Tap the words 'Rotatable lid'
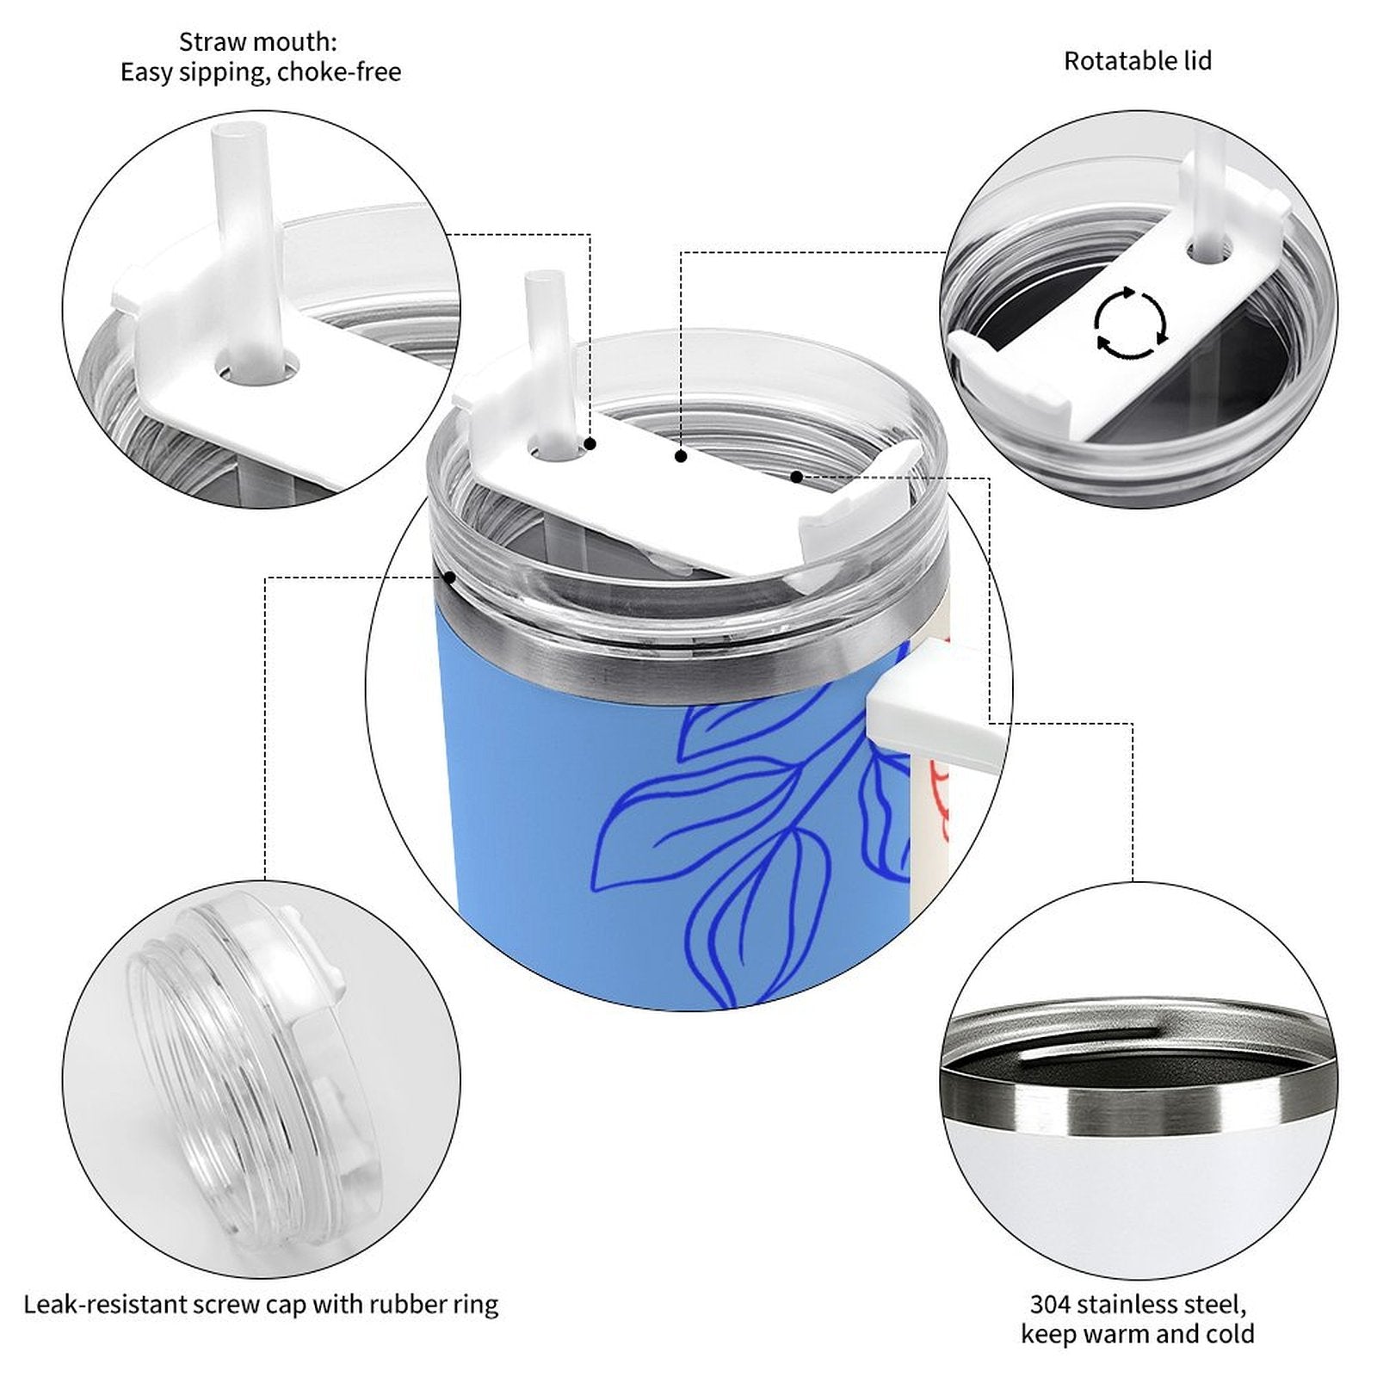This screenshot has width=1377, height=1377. click(x=1138, y=61)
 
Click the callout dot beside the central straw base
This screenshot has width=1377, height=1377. click(x=590, y=444)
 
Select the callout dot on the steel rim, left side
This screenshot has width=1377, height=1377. click(x=449, y=577)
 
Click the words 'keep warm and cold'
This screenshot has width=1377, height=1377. click(x=1137, y=1334)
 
